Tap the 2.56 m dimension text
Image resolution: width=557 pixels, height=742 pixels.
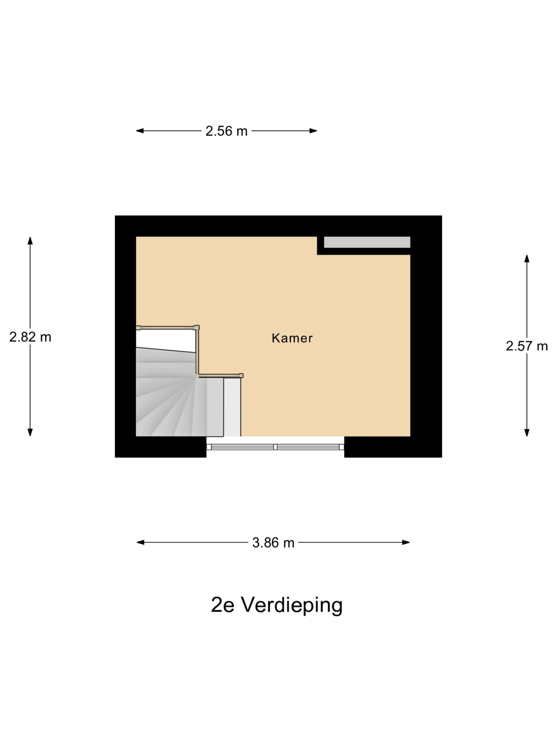tap(226, 131)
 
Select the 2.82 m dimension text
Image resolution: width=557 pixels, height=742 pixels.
tap(30, 337)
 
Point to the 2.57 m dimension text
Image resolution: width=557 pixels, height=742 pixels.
tap(527, 346)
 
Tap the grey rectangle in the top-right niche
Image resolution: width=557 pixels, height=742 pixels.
tap(367, 242)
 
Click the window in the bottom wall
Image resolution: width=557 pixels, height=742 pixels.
tap(275, 447)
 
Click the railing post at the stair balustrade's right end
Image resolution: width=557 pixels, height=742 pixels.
tap(241, 376)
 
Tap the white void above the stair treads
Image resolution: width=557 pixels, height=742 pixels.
tap(164, 339)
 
